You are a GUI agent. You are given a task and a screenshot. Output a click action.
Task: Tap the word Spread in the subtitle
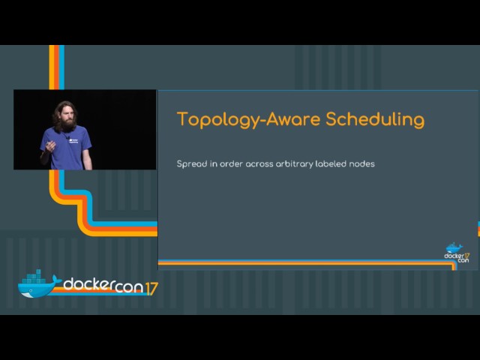pos(190,163)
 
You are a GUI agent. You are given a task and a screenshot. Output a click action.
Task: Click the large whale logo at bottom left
pos(37,285)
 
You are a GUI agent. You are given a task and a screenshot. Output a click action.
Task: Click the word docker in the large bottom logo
pos(88,285)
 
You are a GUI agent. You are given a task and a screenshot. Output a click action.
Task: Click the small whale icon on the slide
pos(454,247)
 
